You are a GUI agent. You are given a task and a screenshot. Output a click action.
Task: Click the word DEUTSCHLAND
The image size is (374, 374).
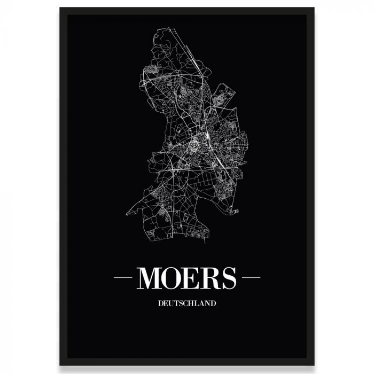pos(187,303)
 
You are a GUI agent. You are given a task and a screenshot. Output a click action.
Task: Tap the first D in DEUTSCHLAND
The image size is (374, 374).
pos(160,303)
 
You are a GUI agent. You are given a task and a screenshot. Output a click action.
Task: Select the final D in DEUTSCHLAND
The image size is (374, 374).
pos(213,303)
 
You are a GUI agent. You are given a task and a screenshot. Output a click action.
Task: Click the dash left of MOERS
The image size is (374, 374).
pos(122,278)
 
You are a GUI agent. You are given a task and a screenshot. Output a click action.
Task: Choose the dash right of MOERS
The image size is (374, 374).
pos(251,278)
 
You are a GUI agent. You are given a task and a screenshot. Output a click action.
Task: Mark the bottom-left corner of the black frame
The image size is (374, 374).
pos(60,365)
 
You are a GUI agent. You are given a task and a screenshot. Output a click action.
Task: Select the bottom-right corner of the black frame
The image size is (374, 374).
pos(314,365)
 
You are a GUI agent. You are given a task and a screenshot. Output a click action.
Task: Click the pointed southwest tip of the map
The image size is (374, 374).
pos(127,214)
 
